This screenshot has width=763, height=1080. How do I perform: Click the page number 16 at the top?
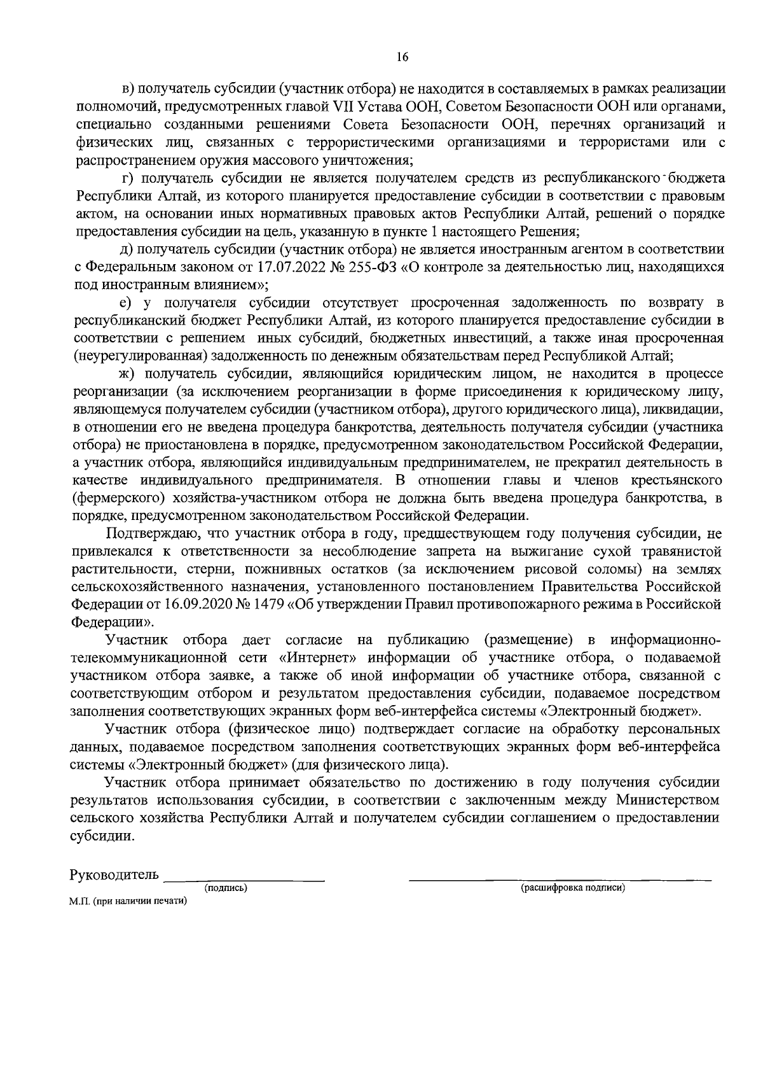[401, 57]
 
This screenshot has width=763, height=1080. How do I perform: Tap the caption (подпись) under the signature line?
[225, 887]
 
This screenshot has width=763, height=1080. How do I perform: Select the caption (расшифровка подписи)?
[573, 887]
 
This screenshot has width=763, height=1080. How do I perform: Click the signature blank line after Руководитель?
[244, 880]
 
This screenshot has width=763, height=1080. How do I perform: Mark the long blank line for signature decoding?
[560, 880]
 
